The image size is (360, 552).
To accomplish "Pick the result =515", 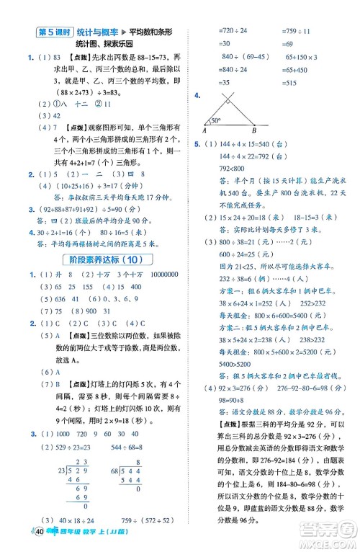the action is pyautogui.click(x=284, y=82).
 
